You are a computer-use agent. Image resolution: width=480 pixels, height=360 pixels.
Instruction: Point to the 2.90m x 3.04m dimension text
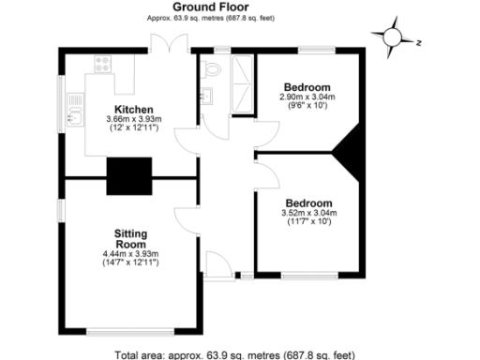point(307,97)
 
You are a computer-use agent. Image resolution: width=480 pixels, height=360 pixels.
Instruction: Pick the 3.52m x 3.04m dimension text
point(308,213)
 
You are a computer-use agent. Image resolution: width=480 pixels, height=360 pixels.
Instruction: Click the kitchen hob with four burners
point(101,65)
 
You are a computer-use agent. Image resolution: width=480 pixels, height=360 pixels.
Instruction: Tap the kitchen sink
point(73,118)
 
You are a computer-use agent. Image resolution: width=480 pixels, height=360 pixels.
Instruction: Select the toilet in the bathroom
point(211,68)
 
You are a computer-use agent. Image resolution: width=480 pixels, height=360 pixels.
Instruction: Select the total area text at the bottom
point(234,354)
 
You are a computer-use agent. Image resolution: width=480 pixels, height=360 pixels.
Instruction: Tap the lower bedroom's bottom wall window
point(309,276)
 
